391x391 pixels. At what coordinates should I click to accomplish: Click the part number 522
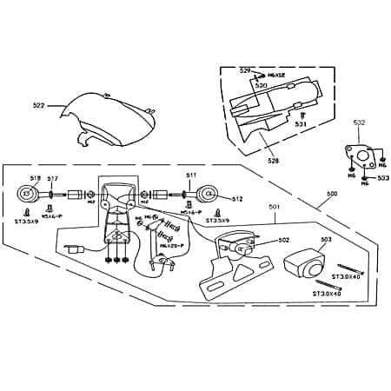tap(38, 106)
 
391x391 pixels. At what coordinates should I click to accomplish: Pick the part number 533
tap(382, 178)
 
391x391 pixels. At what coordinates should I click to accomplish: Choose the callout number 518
tap(36, 177)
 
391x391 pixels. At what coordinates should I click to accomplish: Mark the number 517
tap(52, 178)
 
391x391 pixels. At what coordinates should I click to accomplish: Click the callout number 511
tap(191, 176)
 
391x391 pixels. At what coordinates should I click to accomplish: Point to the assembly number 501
tap(274, 207)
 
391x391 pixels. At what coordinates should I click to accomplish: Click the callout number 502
tap(283, 240)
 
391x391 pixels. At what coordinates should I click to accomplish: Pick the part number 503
tap(327, 239)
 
